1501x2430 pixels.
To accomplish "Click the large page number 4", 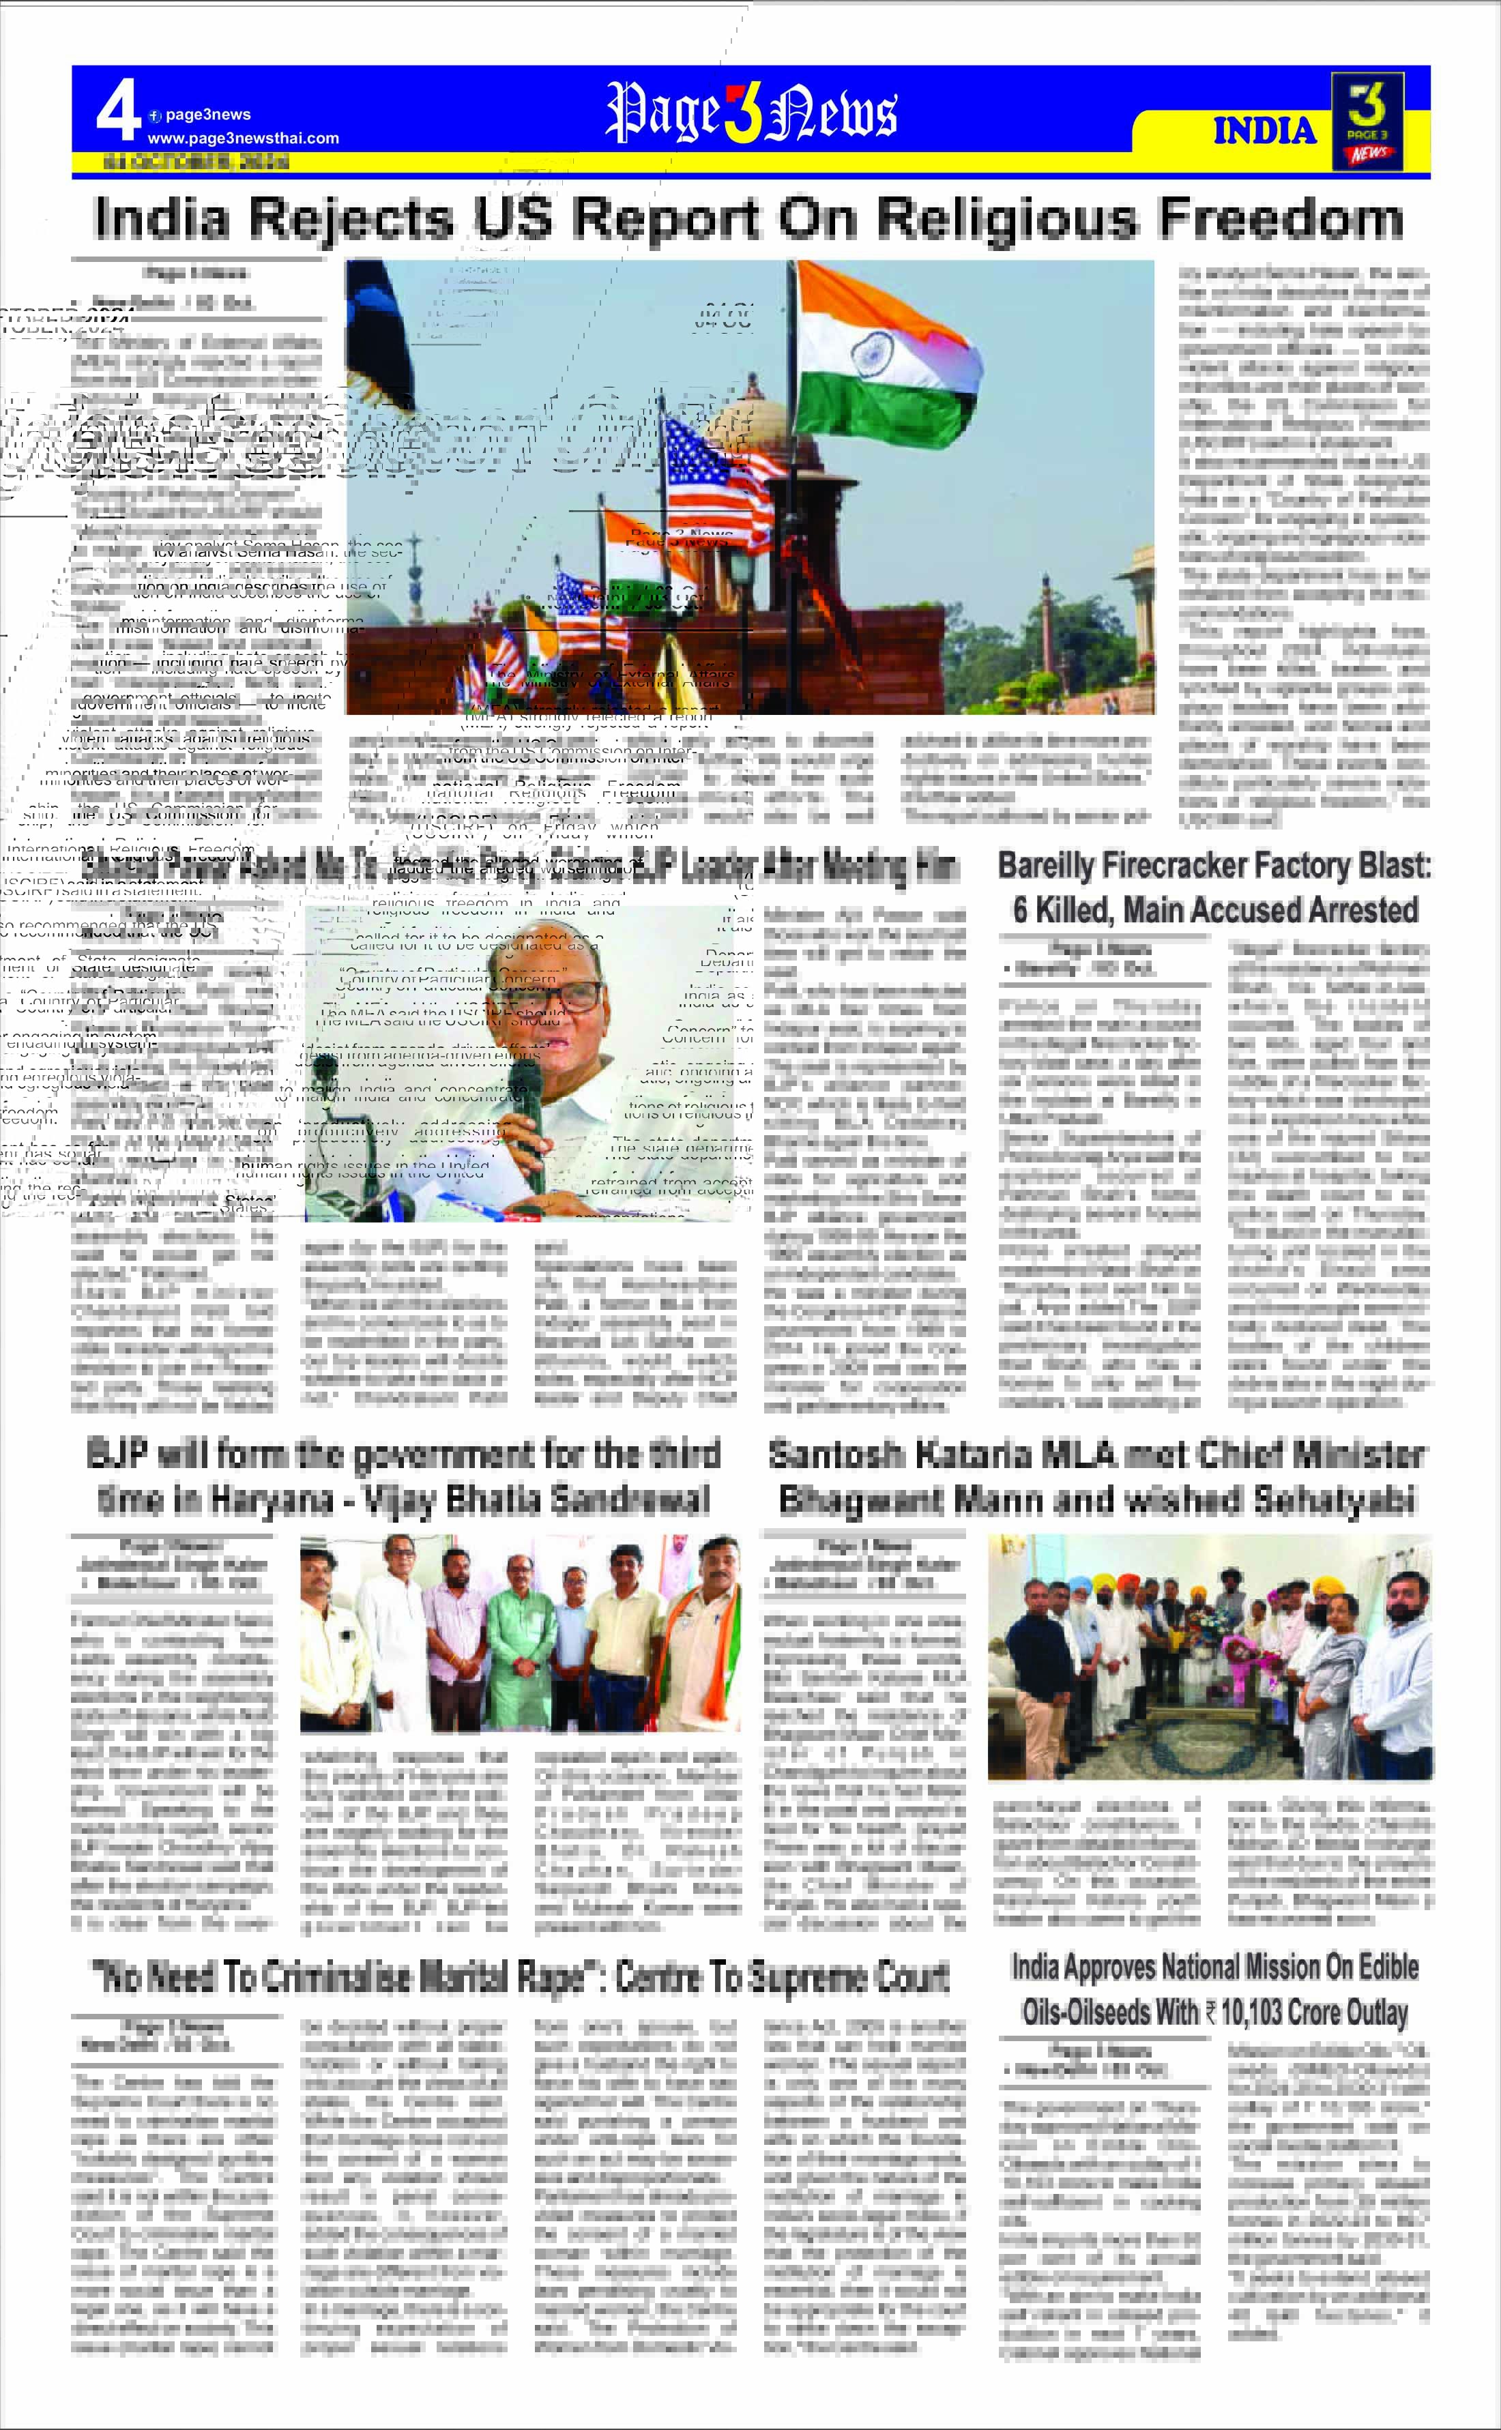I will click(x=118, y=111).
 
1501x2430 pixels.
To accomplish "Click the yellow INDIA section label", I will click(x=1264, y=130).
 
